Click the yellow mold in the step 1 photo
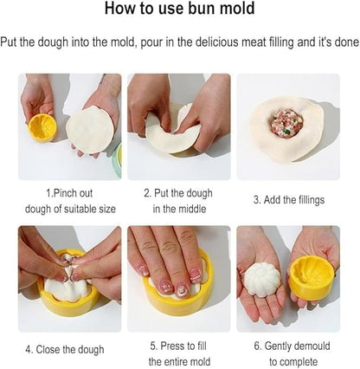[42, 127]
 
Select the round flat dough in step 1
[90, 130]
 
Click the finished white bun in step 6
[262, 279]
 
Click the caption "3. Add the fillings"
[289, 200]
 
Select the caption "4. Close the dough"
[65, 350]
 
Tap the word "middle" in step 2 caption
[191, 209]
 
